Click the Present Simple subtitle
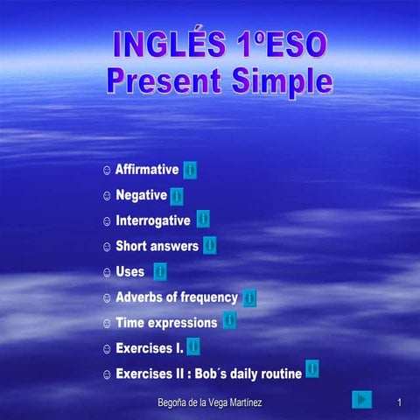click(x=220, y=81)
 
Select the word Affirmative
click(x=147, y=170)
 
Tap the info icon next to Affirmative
click(x=190, y=170)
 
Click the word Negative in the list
click(x=141, y=195)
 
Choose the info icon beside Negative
click(x=177, y=195)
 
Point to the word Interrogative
click(x=152, y=220)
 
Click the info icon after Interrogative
click(x=203, y=219)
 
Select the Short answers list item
click(x=157, y=246)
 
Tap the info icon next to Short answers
click(x=210, y=245)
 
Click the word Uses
click(x=129, y=272)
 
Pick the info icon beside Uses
click(x=160, y=271)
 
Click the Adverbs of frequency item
click(x=177, y=297)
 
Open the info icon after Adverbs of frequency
click(x=250, y=297)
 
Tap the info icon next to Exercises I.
click(x=193, y=346)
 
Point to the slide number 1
click(x=398, y=401)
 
